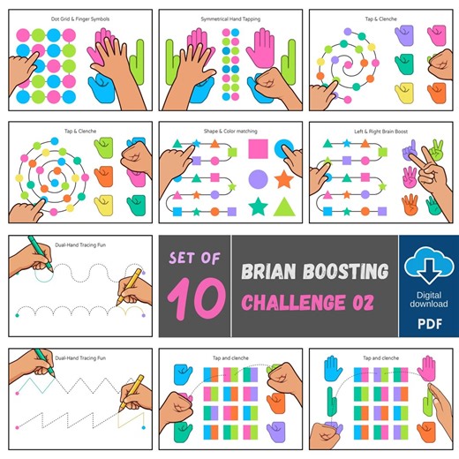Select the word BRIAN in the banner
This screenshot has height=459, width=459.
click(275, 271)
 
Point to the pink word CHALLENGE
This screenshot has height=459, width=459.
click(293, 304)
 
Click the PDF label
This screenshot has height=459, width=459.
click(429, 324)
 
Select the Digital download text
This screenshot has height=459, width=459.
click(429, 297)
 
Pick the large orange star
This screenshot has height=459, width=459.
click(283, 179)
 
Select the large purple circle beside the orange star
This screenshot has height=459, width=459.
click(258, 179)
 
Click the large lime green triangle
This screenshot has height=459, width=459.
click(283, 208)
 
